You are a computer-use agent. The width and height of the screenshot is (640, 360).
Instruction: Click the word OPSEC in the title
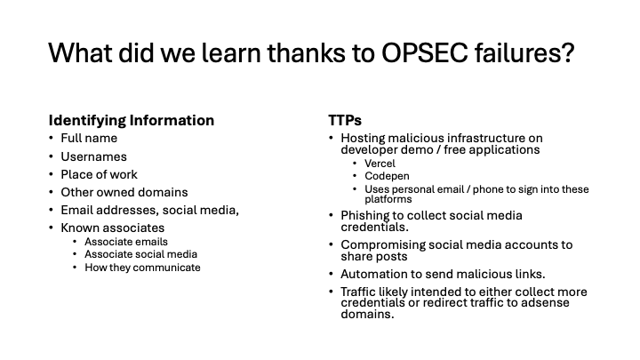pos(425,53)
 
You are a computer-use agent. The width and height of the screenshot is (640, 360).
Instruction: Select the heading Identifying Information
pos(132,120)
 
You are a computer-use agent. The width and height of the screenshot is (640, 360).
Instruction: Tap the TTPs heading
pos(345,120)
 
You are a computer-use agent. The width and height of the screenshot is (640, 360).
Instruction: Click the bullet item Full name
pos(89,139)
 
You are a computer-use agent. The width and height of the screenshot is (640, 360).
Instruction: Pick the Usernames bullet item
pos(94,156)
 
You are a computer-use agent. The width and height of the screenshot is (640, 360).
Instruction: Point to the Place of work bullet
pos(100,175)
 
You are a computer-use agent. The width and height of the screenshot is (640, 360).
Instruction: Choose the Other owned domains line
pos(124,192)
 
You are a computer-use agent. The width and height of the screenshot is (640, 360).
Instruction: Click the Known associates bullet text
pos(113,228)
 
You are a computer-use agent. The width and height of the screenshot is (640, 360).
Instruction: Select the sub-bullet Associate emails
pos(126,242)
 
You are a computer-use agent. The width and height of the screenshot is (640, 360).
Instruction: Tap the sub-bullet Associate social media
pos(140,254)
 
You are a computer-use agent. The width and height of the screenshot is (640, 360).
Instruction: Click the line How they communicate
pos(142,268)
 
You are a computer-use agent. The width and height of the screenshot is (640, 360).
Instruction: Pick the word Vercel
pos(380,164)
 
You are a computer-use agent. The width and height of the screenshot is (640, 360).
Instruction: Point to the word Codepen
pos(387,176)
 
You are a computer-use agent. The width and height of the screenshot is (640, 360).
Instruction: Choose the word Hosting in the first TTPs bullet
pos(363,139)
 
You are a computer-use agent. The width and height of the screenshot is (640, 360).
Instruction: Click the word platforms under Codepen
pos(388,200)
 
